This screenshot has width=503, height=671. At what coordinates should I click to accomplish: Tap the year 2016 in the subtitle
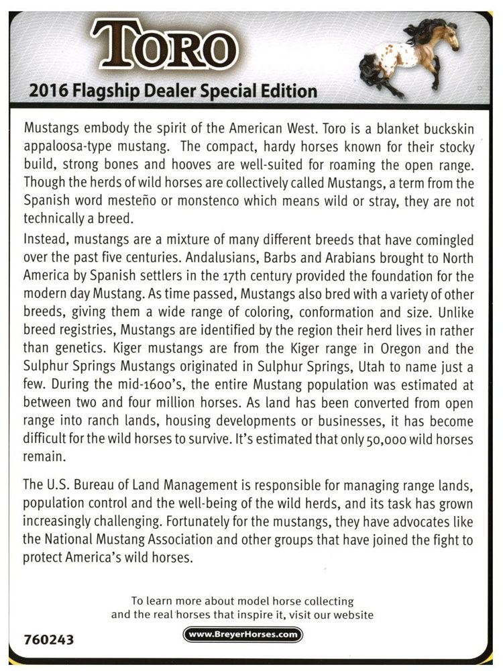click(x=46, y=91)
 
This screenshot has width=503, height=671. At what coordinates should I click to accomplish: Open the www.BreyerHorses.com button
click(x=243, y=634)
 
